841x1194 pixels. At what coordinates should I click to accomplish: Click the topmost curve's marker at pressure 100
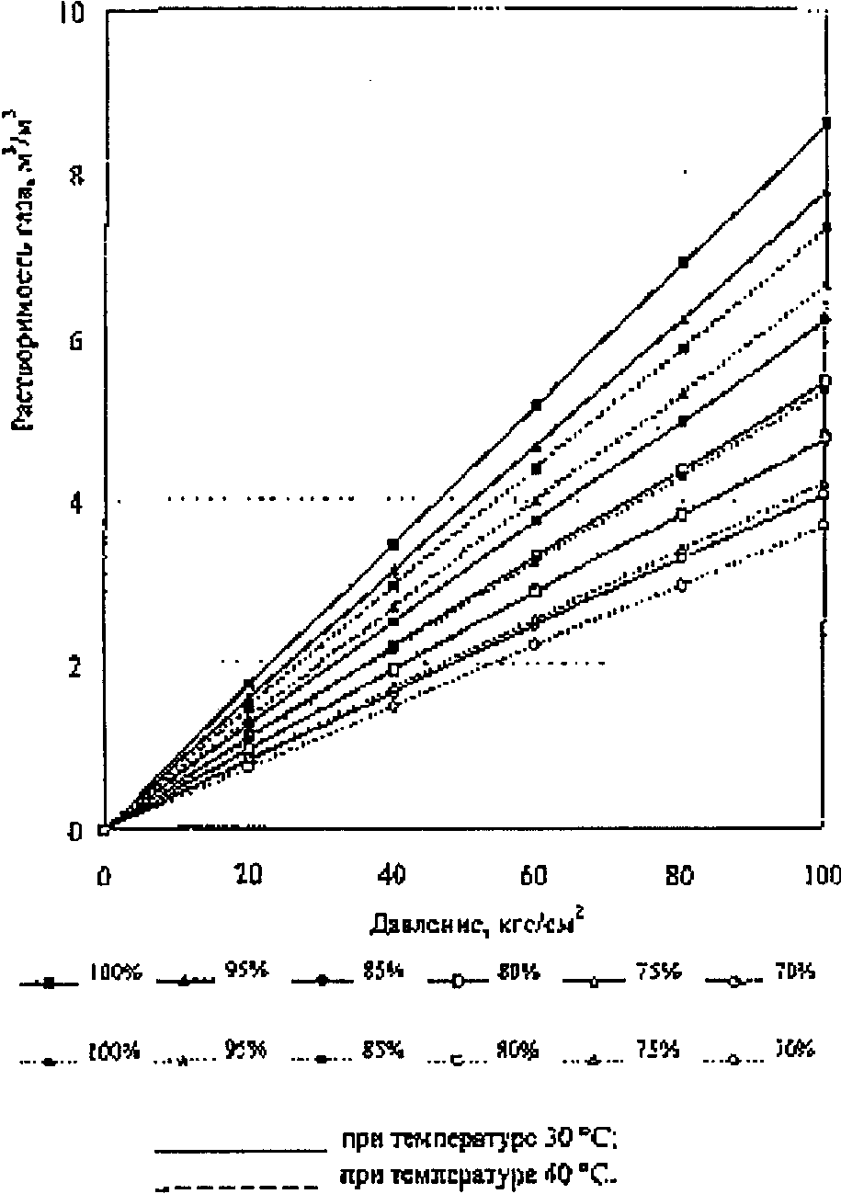[x=826, y=123]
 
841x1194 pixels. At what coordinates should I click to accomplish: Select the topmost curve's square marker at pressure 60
[x=536, y=404]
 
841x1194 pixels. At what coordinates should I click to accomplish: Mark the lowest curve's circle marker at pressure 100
[x=824, y=525]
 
